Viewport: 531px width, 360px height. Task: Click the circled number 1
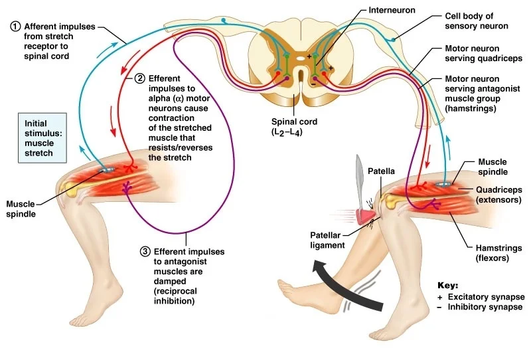(15, 27)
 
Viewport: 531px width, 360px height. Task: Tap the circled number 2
(140, 78)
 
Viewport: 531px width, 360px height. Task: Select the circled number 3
(145, 252)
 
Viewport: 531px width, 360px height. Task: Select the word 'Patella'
(382, 171)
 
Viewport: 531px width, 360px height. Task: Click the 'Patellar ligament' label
(327, 240)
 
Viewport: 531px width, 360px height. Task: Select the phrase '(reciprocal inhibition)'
(173, 296)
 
